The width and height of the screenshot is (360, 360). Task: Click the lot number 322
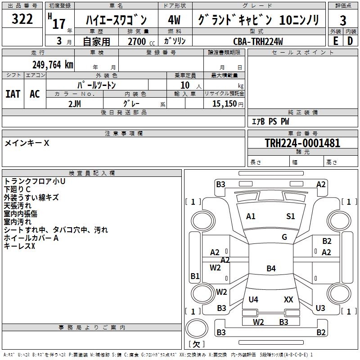click(x=22, y=20)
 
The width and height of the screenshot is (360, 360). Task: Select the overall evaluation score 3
click(x=343, y=21)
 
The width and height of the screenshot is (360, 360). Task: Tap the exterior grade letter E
click(x=335, y=40)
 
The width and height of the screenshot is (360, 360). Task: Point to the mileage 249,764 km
click(x=53, y=64)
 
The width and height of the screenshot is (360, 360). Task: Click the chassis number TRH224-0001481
click(x=302, y=143)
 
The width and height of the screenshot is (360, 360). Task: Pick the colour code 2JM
click(x=75, y=103)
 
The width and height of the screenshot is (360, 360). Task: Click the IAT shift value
click(x=13, y=94)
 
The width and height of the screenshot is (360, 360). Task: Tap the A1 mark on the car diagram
click(x=251, y=216)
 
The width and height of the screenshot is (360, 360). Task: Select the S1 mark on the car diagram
click(x=291, y=216)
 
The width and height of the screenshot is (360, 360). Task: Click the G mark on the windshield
click(x=284, y=237)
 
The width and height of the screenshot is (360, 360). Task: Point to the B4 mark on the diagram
click(x=271, y=269)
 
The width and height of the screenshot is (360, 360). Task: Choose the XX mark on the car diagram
click(x=288, y=299)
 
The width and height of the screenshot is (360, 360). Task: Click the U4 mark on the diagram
click(x=253, y=299)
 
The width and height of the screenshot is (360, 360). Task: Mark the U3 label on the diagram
click(x=320, y=308)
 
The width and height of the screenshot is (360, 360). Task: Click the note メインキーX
click(x=27, y=143)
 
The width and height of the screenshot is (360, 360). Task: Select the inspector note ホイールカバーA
click(x=31, y=238)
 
